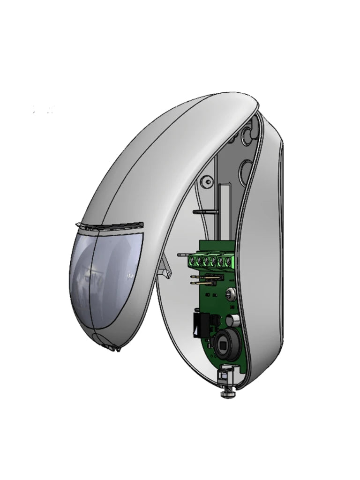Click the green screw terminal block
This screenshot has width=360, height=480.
point(211,261)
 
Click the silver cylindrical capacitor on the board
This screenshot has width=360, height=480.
point(233,321)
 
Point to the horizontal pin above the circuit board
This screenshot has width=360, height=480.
point(204,211)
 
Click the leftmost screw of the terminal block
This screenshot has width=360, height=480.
point(192,261)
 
